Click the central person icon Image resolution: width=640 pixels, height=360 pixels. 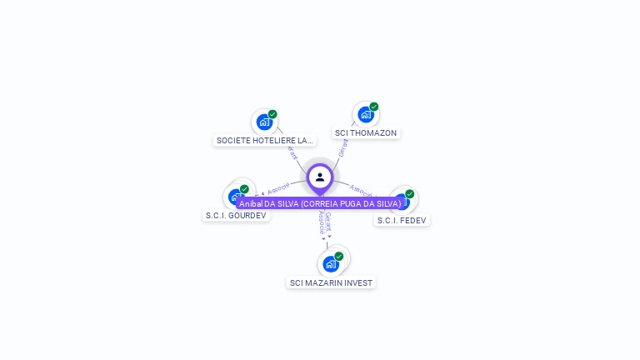point(320,177)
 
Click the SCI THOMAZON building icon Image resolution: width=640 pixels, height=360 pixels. point(365,115)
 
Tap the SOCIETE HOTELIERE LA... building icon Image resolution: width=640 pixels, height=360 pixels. point(264,122)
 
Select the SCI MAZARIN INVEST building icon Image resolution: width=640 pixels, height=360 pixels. point(331,264)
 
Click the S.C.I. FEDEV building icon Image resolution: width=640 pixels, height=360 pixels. point(402,202)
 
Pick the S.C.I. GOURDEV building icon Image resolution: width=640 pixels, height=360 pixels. point(237,197)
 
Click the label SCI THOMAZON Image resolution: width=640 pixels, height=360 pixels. point(366,133)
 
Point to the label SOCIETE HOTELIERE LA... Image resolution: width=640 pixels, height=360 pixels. point(265,141)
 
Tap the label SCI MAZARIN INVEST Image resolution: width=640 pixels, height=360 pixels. point(331,283)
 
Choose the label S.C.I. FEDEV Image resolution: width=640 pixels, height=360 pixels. point(402,221)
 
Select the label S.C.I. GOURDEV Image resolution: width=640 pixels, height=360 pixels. point(237,216)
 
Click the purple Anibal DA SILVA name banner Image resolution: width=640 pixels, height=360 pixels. point(320,203)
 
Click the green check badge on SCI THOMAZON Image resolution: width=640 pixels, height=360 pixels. point(374,107)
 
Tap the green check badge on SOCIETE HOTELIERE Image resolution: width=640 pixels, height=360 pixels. point(272,114)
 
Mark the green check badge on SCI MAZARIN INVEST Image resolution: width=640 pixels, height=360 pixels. point(339,257)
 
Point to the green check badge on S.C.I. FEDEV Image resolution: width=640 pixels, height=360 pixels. point(409,194)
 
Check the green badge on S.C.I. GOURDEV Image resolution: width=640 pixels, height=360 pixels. point(244,189)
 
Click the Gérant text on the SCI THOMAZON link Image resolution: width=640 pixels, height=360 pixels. point(343,147)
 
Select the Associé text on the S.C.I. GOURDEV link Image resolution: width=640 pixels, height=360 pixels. point(278,188)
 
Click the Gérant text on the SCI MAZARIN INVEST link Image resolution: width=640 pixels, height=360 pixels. point(328,221)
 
